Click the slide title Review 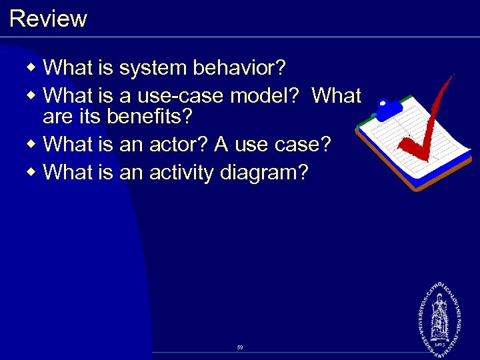point(48,18)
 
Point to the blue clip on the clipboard point(390,108)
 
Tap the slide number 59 point(240,347)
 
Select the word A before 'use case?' point(221,144)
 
